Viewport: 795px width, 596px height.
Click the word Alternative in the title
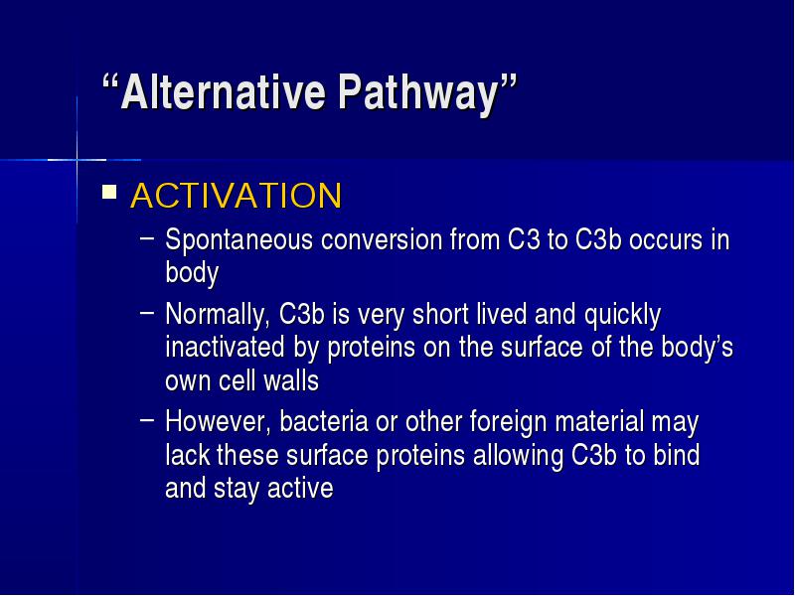223,91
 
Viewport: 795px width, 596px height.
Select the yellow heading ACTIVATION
237,195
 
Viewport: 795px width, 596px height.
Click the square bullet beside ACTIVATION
109,192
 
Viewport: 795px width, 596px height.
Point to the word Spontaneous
238,240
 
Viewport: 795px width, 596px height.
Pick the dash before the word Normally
146,313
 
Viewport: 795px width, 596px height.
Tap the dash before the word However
146,420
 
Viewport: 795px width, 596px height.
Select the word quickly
622,316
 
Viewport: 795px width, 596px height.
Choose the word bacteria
324,421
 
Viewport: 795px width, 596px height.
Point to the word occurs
666,240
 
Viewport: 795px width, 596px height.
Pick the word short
440,314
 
